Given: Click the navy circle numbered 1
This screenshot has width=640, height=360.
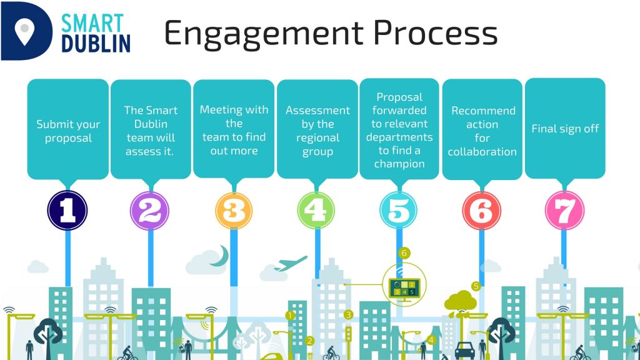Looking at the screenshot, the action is coord(67,211).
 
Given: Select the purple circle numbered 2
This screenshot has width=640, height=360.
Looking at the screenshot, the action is coord(150,211).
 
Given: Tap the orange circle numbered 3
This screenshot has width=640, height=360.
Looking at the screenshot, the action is coord(234,211).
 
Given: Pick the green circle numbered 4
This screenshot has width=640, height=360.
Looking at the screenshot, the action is coord(316,211).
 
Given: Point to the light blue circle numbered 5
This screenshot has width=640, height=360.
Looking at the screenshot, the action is coord(398,211).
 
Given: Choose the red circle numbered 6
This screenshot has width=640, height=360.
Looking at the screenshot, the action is coord(481,211).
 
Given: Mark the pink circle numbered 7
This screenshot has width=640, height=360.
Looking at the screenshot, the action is coord(564,211).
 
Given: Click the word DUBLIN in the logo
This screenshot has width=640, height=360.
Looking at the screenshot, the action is coord(96,44).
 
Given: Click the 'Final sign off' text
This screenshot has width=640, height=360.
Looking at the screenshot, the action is coord(565,129).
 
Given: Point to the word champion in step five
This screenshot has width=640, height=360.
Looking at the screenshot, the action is coord(399,164).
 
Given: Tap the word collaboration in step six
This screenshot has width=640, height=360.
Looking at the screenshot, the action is coord(482,152).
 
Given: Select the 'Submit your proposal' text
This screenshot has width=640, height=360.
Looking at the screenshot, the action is coord(68,131).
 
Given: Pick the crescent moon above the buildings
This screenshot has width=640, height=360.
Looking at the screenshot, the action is coord(221,256).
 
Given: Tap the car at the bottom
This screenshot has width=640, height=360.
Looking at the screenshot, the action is coord(464,351).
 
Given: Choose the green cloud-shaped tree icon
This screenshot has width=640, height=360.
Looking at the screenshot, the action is coord(461,302).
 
